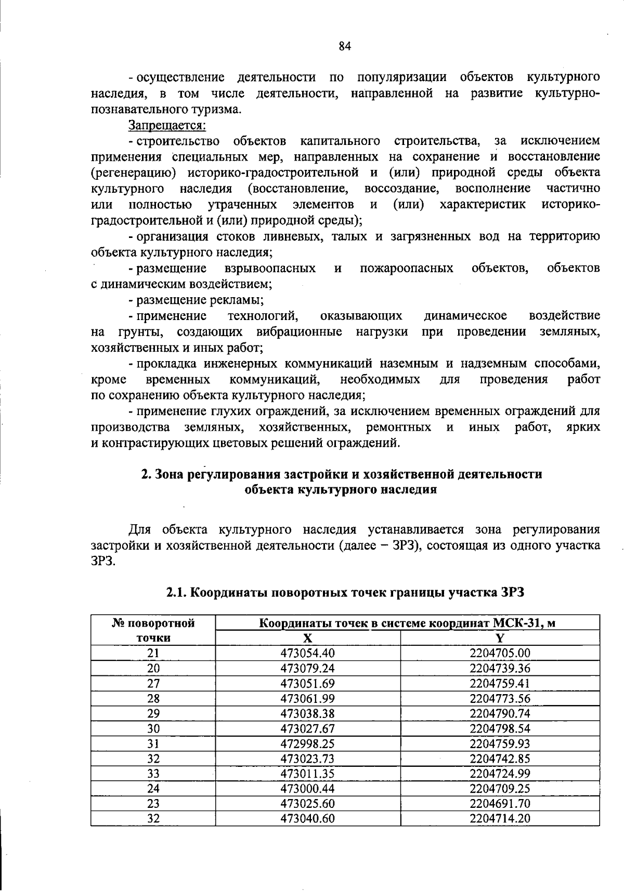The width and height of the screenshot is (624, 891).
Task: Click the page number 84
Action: click(345, 46)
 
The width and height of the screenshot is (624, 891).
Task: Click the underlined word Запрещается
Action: click(167, 125)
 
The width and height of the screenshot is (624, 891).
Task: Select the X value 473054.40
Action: click(307, 653)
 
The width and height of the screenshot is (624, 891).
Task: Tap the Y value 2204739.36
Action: click(500, 668)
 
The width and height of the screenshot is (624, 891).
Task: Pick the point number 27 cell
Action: click(153, 683)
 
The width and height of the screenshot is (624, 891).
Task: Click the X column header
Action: click(307, 638)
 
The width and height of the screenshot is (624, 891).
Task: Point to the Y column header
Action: click(500, 638)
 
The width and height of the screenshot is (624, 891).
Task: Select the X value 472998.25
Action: click(307, 743)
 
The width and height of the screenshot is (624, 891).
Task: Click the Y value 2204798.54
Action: click(500, 728)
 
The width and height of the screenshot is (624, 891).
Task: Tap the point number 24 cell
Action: click(153, 789)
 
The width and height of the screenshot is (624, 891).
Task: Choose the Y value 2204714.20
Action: click(500, 819)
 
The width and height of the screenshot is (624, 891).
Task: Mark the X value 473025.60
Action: click(307, 804)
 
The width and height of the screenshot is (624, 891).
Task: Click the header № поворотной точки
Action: click(153, 630)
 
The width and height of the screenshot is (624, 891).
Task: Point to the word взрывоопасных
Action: click(270, 268)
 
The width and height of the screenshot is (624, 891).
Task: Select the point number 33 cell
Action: click(153, 774)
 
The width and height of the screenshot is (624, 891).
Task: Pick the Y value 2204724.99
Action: click(500, 774)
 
